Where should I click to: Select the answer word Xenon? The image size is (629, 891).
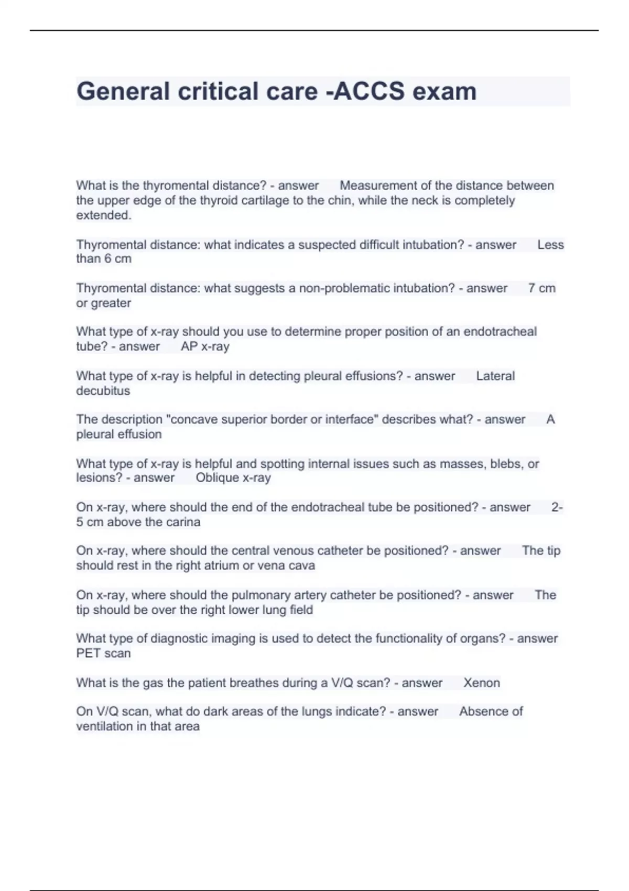[481, 683]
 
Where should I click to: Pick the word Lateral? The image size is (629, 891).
[495, 376]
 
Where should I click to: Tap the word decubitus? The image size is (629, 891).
[103, 391]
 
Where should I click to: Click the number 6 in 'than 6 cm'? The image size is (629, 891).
[109, 259]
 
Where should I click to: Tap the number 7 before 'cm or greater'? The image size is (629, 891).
[532, 288]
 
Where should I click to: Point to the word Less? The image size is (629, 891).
[550, 245]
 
